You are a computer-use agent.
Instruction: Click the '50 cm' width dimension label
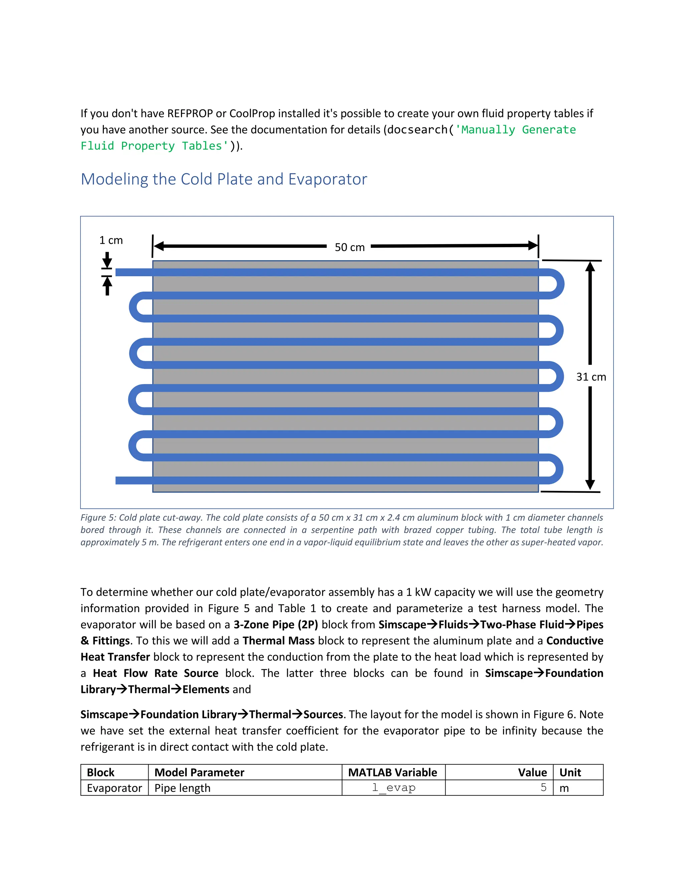349,247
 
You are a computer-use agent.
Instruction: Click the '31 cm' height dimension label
591,377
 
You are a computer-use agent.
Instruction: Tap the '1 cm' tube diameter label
111,240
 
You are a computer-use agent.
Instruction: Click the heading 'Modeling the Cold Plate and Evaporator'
224,179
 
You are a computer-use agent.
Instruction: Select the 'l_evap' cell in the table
393,788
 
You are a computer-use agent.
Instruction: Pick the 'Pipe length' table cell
182,788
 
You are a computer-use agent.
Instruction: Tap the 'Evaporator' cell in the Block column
114,788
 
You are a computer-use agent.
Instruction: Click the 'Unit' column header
570,772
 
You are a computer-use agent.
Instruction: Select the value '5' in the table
543,787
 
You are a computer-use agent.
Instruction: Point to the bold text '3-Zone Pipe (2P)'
276,625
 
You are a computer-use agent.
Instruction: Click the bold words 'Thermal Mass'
279,641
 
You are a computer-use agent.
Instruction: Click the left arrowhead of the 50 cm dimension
158,246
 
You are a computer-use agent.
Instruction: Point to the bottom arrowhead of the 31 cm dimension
590,485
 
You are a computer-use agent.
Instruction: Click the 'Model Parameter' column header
199,772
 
